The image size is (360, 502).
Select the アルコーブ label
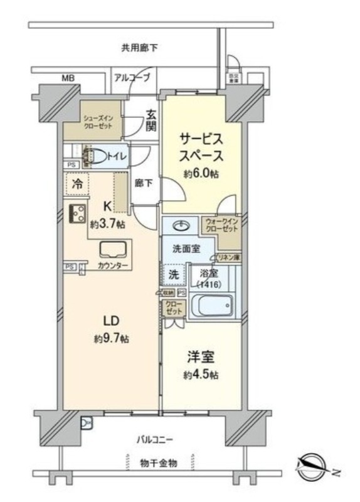point(132,78)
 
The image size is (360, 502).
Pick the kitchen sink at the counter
point(113,250)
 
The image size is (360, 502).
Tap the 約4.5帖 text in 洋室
point(201,375)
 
